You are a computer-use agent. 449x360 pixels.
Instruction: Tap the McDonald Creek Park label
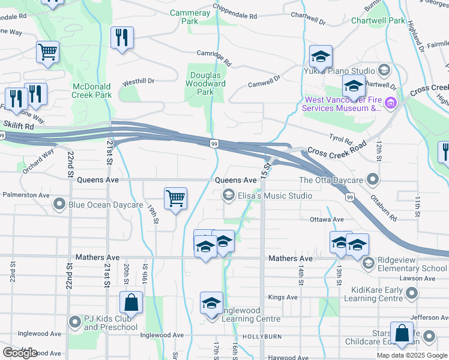coord(92,91)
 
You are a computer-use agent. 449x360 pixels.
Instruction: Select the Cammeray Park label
coord(190,17)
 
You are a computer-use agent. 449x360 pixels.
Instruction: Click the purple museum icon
coord(391,104)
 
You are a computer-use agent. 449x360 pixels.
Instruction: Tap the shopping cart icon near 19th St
coord(175,197)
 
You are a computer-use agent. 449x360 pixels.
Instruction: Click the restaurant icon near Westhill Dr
coord(122,37)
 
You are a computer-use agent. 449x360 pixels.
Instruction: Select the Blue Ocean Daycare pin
coord(59,205)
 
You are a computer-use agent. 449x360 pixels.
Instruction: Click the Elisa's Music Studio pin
coord(228,195)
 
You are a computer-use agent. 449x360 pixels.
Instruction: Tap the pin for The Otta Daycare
coord(373,179)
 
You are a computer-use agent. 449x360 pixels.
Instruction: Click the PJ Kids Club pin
coord(74,323)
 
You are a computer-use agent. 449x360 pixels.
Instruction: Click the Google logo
coord(20,353)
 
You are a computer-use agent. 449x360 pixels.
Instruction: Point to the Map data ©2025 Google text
coord(412,355)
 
